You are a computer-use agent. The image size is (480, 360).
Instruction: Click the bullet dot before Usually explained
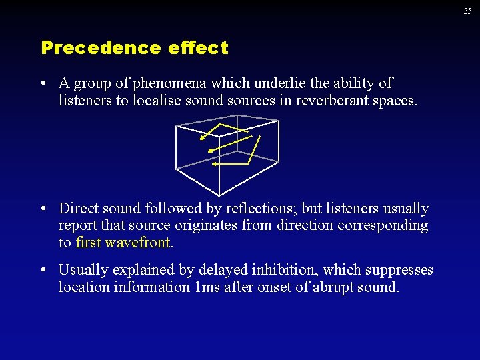pos(43,270)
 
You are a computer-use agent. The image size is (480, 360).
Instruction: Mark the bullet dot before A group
pos(43,83)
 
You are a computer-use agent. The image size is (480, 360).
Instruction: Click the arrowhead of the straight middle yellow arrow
pos(210,151)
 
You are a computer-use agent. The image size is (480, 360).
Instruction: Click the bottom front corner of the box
pos(218,189)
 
